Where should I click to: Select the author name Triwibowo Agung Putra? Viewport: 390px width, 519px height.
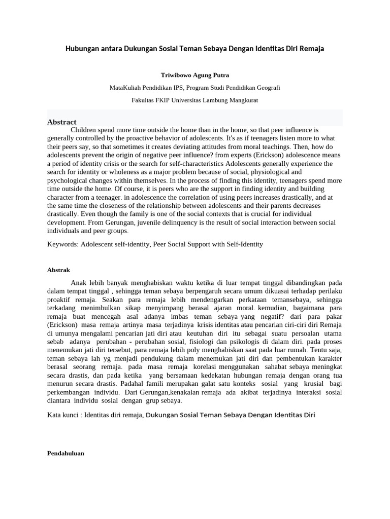[x=195, y=75]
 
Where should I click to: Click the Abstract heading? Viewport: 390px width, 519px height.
[x=61, y=122]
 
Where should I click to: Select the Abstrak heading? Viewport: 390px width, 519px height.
[x=58, y=270]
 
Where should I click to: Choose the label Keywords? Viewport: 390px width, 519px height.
[x=62, y=244]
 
